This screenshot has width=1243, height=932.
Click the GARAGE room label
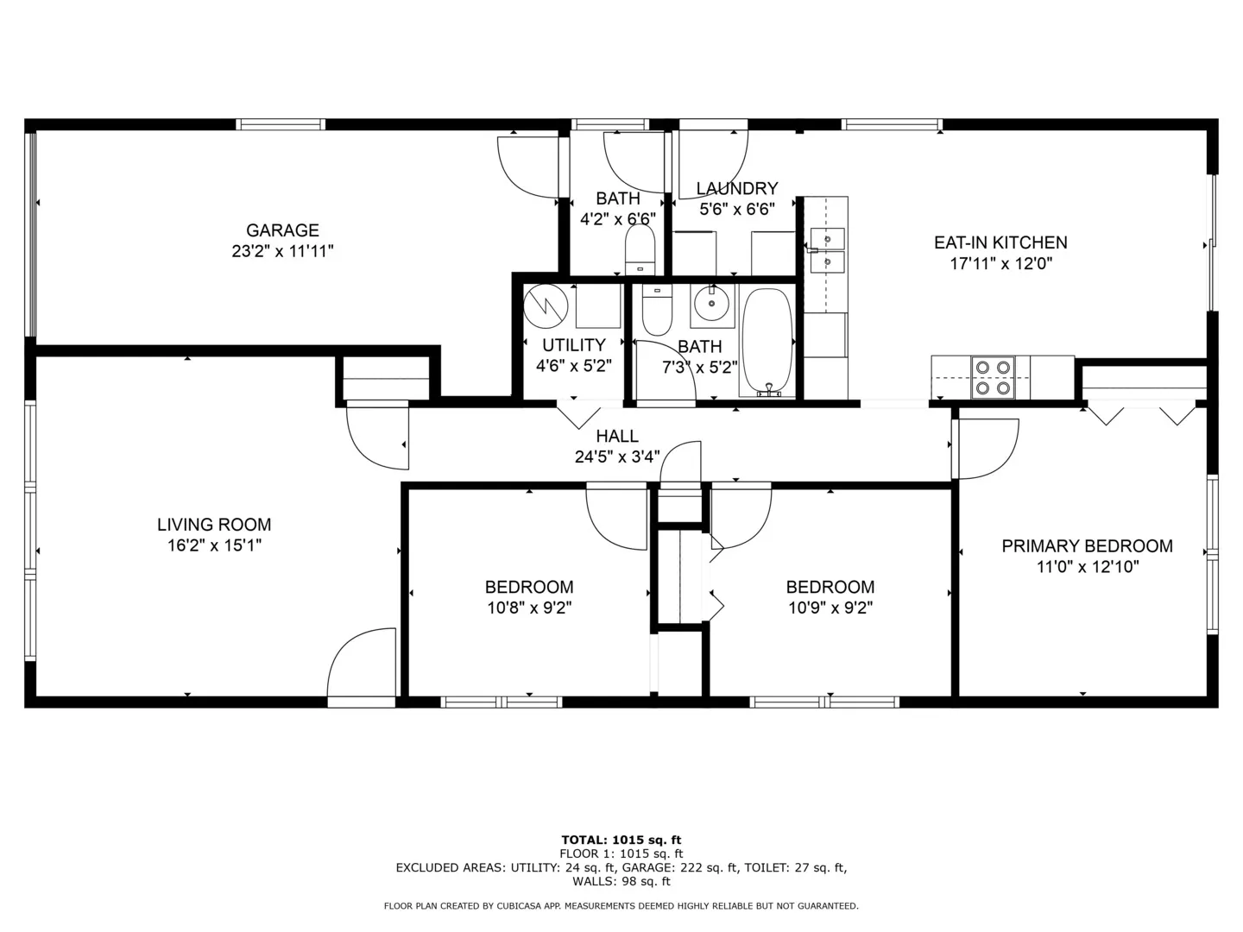click(x=282, y=230)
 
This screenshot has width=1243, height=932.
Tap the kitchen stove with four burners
click(x=993, y=377)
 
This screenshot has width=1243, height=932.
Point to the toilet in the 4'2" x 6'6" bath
click(x=640, y=250)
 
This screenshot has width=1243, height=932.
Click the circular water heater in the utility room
click(x=546, y=306)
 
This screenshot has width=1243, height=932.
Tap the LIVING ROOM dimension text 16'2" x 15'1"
click(x=214, y=545)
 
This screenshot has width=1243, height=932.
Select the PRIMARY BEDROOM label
click(x=1087, y=546)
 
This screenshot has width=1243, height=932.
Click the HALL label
click(x=617, y=436)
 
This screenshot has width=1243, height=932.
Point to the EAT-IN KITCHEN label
click(x=1000, y=242)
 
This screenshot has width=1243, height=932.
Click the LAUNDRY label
click(x=737, y=188)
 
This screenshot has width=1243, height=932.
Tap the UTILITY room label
click(x=574, y=345)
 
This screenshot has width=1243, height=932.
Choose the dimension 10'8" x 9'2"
click(x=529, y=608)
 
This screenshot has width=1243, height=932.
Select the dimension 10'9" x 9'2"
click(x=830, y=608)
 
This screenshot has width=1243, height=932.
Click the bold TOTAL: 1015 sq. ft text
click(x=621, y=840)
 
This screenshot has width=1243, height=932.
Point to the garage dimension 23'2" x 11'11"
click(x=282, y=251)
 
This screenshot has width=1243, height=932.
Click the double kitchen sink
click(x=827, y=251)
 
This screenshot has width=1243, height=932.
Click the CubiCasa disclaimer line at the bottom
click(x=621, y=906)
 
